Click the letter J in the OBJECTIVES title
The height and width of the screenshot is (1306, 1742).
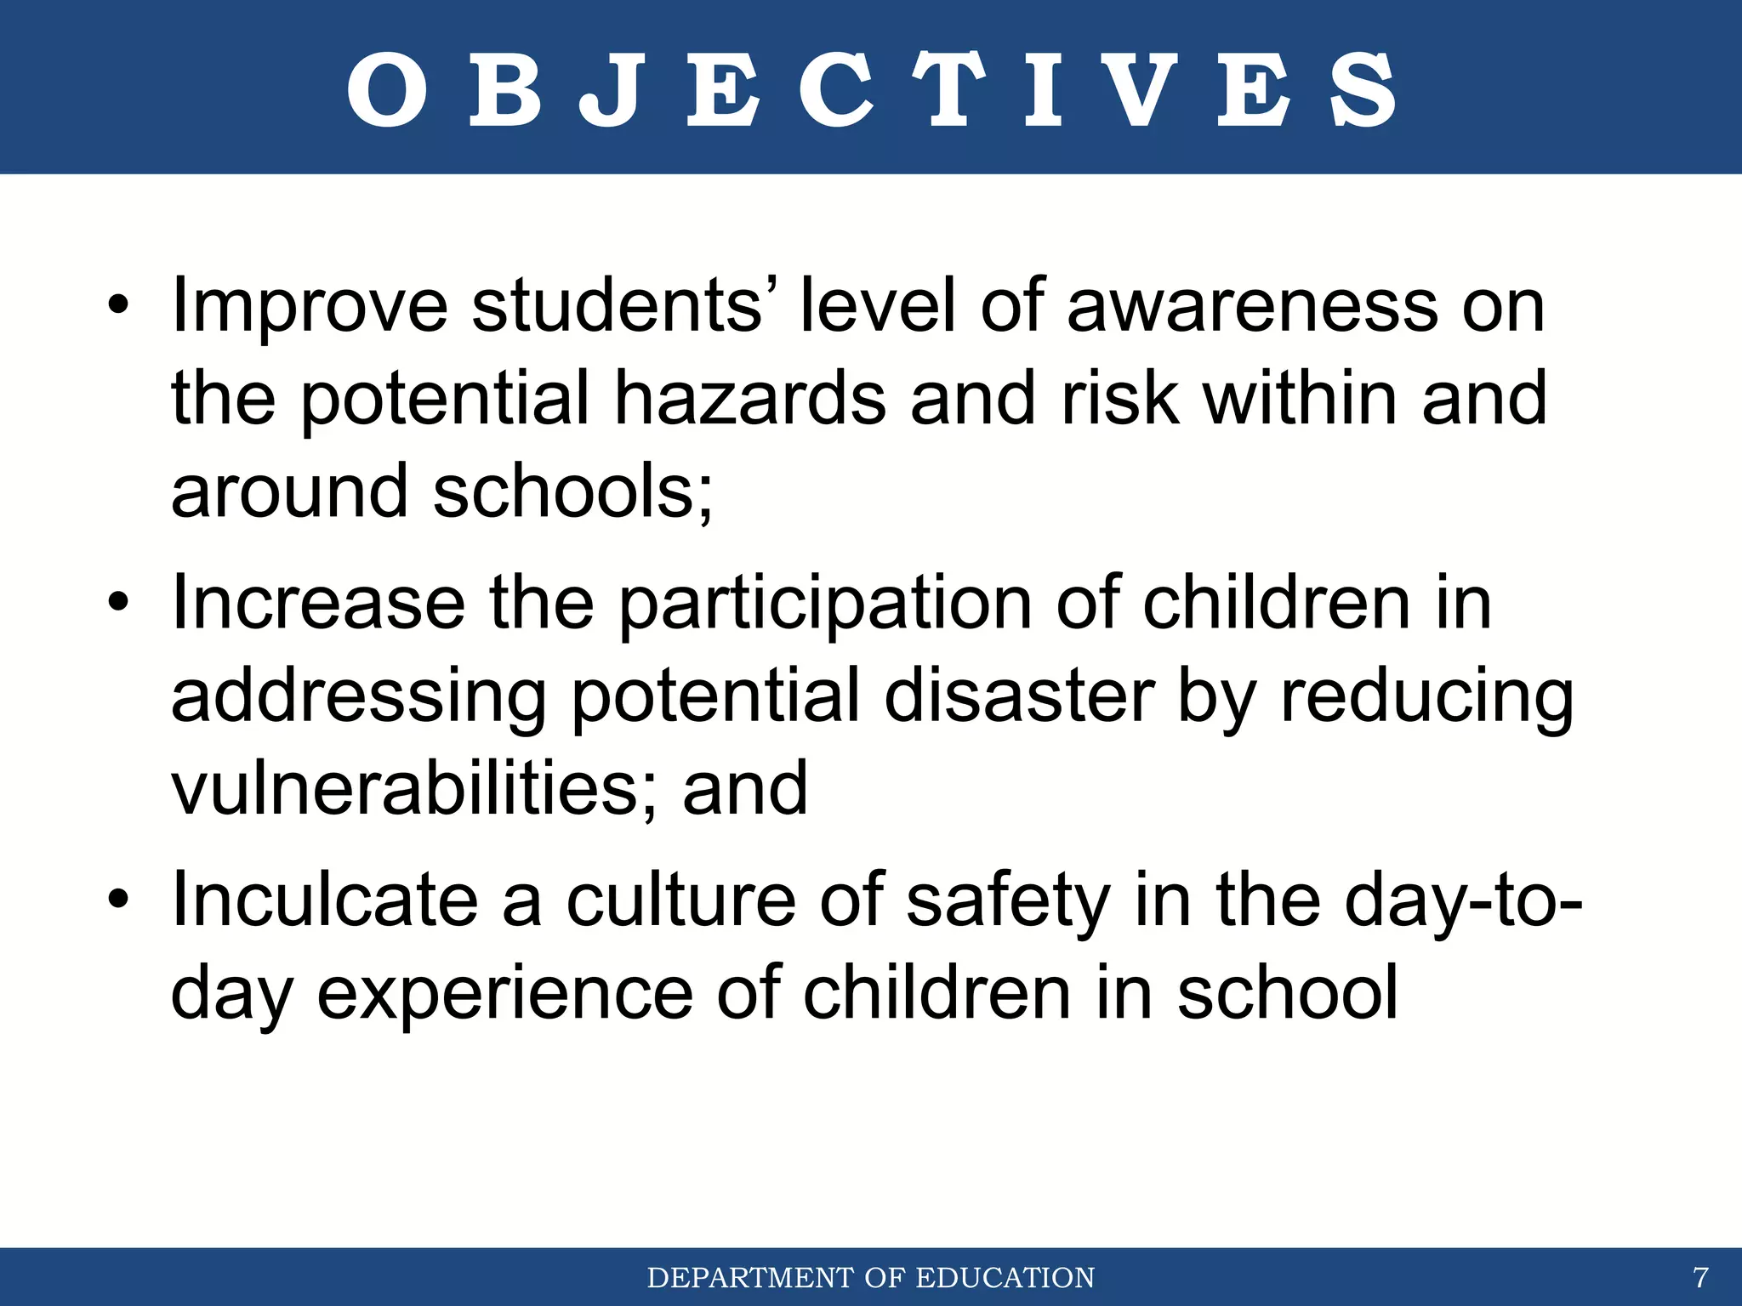[x=609, y=91]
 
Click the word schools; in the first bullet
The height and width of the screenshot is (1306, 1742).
[x=572, y=492]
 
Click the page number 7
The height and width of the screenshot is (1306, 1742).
[x=1700, y=1278]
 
